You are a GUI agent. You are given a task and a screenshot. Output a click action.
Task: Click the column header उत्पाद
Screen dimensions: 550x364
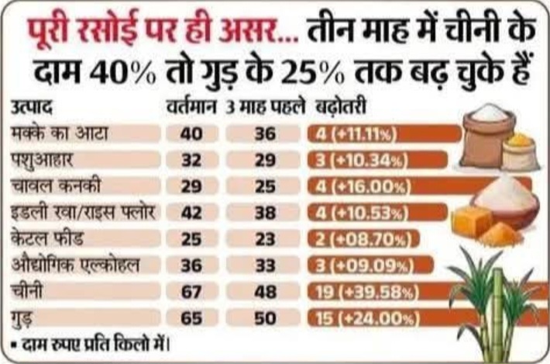pyautogui.click(x=32, y=107)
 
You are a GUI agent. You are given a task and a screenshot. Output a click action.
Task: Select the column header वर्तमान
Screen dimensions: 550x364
pyautogui.click(x=191, y=107)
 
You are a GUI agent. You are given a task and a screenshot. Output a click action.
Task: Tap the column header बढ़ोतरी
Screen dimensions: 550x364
pyautogui.click(x=341, y=107)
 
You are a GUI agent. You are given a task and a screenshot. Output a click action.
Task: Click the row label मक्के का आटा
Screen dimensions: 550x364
pyautogui.click(x=60, y=133)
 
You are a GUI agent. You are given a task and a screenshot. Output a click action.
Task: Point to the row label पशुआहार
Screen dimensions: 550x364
pyautogui.click(x=42, y=160)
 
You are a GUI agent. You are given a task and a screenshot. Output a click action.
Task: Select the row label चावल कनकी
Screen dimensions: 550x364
pyautogui.click(x=56, y=186)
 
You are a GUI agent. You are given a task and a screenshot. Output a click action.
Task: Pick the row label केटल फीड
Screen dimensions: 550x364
pyautogui.click(x=47, y=239)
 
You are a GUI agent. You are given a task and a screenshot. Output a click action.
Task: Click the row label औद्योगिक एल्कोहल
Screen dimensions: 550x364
pyautogui.click(x=75, y=265)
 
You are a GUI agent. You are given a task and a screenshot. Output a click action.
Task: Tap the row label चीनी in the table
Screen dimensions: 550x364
pyautogui.click(x=26, y=292)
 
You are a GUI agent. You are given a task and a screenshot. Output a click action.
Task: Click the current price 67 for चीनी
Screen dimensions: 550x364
pyautogui.click(x=191, y=292)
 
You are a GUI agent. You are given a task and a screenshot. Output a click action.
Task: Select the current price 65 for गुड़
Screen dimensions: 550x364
pyautogui.click(x=191, y=319)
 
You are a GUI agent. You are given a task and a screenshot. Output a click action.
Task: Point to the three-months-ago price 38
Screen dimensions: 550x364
pyautogui.click(x=265, y=213)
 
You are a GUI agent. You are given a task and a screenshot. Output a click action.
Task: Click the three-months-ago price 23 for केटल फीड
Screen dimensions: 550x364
pyautogui.click(x=265, y=239)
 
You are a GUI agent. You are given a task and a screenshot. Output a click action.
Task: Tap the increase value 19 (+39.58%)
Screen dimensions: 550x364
pyautogui.click(x=367, y=293)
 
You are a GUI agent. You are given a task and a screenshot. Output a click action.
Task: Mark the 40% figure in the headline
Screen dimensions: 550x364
pyautogui.click(x=122, y=72)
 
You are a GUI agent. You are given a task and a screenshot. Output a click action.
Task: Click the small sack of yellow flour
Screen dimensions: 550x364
pyautogui.click(x=521, y=152)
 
